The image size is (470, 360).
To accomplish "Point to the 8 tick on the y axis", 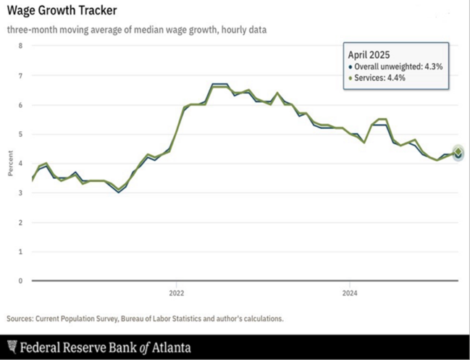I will pyautogui.click(x=20, y=46).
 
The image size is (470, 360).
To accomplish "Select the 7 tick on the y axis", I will pyautogui.click(x=20, y=75).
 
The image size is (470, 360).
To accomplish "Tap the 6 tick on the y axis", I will pyautogui.click(x=20, y=105).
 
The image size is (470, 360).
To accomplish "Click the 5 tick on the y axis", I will pyautogui.click(x=20, y=134).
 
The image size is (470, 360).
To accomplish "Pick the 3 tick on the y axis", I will pyautogui.click(x=20, y=193).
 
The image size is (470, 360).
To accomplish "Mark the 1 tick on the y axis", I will pyautogui.click(x=20, y=251).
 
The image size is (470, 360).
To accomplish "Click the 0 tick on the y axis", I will pyautogui.click(x=20, y=280).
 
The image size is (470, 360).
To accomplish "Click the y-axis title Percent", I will pyautogui.click(x=10, y=163).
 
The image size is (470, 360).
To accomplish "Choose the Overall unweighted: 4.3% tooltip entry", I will pyautogui.click(x=398, y=67).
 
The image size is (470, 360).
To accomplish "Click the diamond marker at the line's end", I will pyautogui.click(x=458, y=152).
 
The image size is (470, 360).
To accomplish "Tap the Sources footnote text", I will pyautogui.click(x=145, y=318).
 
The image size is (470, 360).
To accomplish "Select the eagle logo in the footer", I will pyautogui.click(x=12, y=347).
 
